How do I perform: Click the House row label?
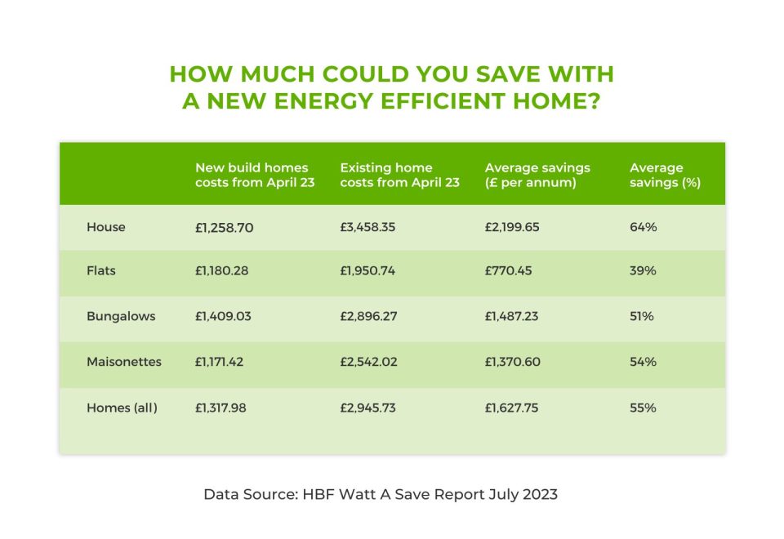click(105, 227)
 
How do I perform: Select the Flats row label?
click(101, 270)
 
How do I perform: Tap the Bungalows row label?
click(121, 317)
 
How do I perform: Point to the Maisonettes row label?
click(124, 362)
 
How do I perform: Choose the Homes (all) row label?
click(122, 408)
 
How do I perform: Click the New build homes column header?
click(255, 175)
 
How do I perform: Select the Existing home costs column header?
click(399, 175)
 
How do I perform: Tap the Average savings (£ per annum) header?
click(537, 175)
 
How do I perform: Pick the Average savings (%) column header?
click(665, 175)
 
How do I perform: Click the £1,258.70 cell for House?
click(224, 228)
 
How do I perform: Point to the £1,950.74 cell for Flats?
click(367, 270)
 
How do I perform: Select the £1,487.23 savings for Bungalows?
click(511, 317)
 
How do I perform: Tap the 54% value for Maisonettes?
click(643, 362)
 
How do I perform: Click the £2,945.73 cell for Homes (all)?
click(368, 408)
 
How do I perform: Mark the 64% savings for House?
click(643, 227)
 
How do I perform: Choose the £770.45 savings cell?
click(509, 270)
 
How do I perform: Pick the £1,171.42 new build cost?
click(219, 362)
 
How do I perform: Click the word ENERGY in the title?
click(323, 101)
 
